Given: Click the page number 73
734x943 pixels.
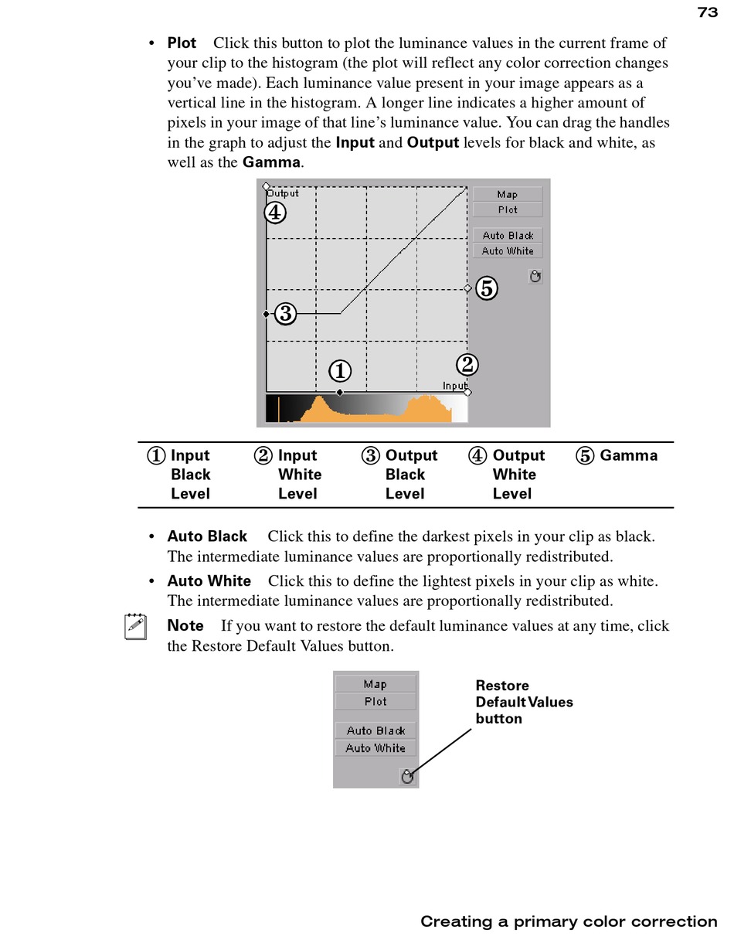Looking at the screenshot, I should [x=707, y=12].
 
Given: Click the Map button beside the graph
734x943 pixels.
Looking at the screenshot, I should [x=508, y=194].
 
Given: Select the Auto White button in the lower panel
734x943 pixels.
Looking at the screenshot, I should [x=375, y=748].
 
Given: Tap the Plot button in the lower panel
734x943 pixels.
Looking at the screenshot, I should [x=375, y=702].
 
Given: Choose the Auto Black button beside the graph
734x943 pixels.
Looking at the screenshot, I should [x=508, y=236].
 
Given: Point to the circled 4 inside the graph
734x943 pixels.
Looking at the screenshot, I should [x=275, y=213].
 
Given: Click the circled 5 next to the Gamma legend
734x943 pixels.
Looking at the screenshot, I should [x=586, y=456].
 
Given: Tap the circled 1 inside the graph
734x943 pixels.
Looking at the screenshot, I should [x=340, y=372].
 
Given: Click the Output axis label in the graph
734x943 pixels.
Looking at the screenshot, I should [x=284, y=193].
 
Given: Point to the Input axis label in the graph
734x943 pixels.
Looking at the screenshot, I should [x=454, y=385].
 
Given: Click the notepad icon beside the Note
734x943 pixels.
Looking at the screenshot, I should [x=135, y=626].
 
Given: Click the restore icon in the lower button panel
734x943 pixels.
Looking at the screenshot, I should [x=408, y=776].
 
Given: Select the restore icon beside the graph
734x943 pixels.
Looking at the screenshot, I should [x=535, y=276].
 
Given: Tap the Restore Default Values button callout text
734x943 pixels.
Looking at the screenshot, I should [x=523, y=702].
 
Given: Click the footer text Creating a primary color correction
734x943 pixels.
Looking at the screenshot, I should [x=569, y=921].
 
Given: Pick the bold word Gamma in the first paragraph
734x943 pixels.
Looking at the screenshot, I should [x=271, y=162].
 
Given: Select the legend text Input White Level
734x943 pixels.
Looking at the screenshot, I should [x=299, y=475].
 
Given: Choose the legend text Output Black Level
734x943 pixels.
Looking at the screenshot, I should [x=410, y=475].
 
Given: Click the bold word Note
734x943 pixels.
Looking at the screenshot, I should [x=185, y=626].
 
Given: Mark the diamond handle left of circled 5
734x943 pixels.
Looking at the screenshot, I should [x=467, y=288].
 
